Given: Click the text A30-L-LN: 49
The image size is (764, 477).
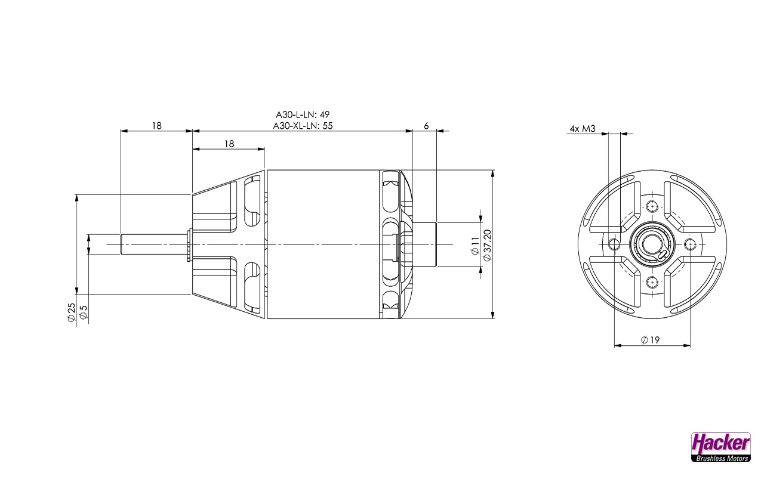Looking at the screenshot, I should (x=303, y=114).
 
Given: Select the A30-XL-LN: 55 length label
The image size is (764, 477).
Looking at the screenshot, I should (x=303, y=126).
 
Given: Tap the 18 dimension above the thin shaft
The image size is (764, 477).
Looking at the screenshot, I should (x=156, y=126).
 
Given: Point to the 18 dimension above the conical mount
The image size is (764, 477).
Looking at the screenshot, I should (x=229, y=144).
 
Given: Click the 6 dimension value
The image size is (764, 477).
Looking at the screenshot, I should (x=426, y=126).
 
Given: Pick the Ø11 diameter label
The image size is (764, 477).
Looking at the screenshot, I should (x=475, y=245).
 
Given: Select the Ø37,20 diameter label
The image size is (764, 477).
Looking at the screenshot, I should (x=486, y=245).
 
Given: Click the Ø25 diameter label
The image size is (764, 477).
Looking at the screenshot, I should (x=71, y=312).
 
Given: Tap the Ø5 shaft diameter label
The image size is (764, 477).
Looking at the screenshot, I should (x=84, y=312).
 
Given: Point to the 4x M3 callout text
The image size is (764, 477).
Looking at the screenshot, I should (x=583, y=129).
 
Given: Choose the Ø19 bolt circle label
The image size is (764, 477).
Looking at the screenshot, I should (x=650, y=340).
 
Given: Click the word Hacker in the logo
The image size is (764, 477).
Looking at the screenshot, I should (x=720, y=443).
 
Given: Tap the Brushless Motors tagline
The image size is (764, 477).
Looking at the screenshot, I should (x=720, y=458).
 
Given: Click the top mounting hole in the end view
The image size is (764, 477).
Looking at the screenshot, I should (x=652, y=206).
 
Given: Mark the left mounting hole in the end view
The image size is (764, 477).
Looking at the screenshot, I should (x=614, y=243).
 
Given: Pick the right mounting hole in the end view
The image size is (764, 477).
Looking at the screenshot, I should (x=690, y=243).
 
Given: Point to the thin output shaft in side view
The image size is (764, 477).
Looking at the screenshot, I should (x=154, y=244).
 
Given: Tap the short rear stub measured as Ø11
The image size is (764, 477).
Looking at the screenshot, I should (x=425, y=244).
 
